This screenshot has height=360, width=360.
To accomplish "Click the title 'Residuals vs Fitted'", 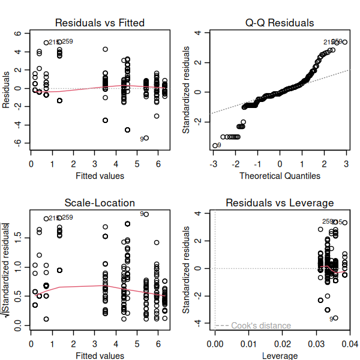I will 100,23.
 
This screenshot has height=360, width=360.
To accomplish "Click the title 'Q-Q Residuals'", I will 280,23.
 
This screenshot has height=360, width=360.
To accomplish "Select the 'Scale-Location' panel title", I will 100,203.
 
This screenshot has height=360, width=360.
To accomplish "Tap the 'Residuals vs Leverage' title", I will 280,203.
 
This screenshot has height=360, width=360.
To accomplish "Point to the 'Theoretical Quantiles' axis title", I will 280,176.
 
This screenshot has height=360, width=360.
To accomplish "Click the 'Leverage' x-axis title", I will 280,356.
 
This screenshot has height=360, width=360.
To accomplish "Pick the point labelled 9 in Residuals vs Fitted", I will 146,138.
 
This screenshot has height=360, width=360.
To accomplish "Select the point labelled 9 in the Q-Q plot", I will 215,145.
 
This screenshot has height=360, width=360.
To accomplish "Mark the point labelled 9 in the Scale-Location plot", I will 146,214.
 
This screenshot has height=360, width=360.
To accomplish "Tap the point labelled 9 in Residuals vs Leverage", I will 335,318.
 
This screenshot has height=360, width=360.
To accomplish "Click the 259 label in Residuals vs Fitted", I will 67,41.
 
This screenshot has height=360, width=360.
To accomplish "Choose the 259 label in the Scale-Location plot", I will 67,218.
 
